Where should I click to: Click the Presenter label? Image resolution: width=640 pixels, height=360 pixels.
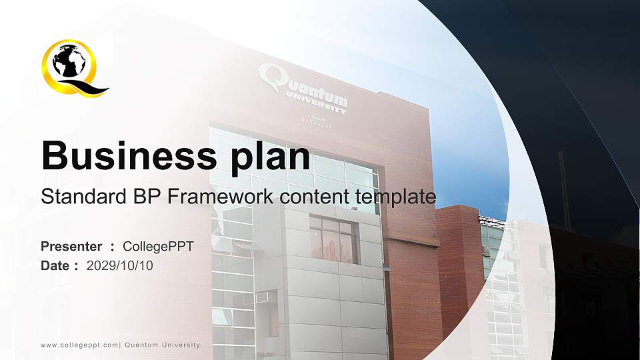[71, 247]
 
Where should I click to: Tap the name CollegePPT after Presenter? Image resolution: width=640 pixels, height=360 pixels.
[158, 247]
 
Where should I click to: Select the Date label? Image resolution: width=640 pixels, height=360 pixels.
[55, 265]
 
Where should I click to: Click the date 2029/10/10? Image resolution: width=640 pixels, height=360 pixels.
[120, 265]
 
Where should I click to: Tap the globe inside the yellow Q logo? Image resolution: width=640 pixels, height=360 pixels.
[69, 64]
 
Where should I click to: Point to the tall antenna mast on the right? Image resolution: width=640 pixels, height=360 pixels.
[564, 190]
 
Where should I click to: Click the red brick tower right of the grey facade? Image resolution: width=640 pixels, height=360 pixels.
[459, 267]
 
